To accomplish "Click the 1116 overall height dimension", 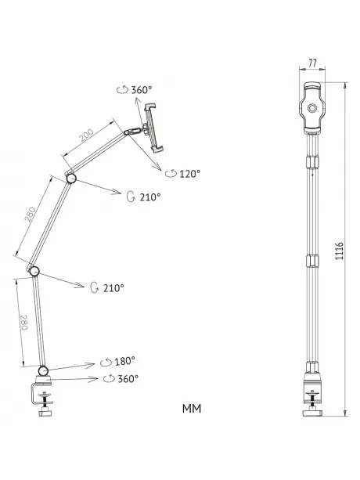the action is [340, 251].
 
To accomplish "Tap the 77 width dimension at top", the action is [312, 63].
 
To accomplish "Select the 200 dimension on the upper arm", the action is [87, 135].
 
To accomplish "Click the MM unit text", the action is [192, 409].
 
